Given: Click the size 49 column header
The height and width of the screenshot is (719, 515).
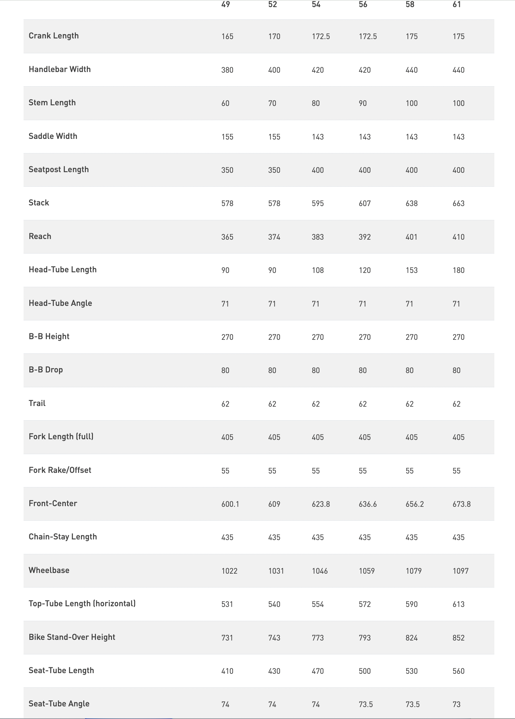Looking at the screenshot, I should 226,5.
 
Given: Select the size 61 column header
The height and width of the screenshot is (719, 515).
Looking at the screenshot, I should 457,5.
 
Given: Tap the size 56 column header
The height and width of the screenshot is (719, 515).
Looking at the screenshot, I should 363,5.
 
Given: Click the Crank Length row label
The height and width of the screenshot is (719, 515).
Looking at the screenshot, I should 54,36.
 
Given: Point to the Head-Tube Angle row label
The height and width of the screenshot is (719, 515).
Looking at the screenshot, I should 60,303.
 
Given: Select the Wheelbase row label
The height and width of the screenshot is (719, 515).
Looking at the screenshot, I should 49,570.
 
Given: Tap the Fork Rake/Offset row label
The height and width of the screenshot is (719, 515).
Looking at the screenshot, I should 60,470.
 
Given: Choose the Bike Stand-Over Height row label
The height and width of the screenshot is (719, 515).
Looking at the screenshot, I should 72,637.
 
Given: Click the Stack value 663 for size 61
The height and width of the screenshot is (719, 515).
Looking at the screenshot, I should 459,203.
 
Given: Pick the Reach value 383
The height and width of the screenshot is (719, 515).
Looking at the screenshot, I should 318,237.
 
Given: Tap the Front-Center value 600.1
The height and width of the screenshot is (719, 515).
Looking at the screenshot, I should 230,504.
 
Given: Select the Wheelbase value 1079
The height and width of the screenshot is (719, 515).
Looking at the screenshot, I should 414,571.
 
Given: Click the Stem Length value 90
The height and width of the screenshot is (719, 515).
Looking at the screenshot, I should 363,103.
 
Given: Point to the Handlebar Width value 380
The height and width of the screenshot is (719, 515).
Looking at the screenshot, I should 227,70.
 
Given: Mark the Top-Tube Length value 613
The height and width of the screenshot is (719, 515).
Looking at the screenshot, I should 459,604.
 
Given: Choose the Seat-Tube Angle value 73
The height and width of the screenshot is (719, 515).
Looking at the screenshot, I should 457,704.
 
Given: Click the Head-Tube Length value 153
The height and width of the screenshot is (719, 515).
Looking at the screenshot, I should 412,270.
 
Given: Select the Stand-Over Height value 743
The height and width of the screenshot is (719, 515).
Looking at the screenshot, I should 274,638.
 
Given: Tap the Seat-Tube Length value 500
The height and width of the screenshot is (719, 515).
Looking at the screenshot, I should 365,671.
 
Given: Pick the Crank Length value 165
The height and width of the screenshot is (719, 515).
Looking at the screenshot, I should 227,36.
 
